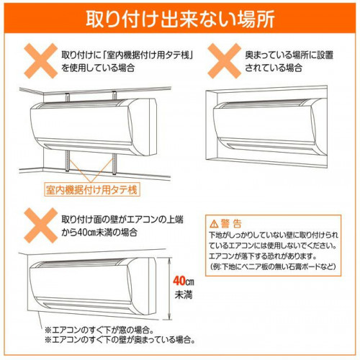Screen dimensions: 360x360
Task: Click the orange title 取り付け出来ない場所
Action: pos(180,19)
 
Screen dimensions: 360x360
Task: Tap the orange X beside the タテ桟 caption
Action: pos(41,61)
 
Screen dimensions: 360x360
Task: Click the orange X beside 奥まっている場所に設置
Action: pos(224,61)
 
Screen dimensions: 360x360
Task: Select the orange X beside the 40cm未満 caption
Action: pos(41,225)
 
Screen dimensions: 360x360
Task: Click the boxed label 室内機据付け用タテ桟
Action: pos(91,190)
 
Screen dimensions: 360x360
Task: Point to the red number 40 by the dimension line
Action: pos(179,281)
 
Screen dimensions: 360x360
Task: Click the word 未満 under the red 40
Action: pos(184,294)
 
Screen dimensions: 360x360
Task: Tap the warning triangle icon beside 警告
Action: pos(214,224)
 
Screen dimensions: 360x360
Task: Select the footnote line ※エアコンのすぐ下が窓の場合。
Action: pos(99,330)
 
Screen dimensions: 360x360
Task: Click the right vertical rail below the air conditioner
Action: pos(114,163)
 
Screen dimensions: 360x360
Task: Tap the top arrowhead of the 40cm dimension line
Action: pos(170,260)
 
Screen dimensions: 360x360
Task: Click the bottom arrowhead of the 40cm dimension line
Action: pos(170,317)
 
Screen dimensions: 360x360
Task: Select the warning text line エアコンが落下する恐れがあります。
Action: pos(263,256)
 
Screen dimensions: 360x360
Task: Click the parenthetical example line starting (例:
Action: pos(273,266)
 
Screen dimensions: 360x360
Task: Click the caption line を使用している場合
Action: pos(98,68)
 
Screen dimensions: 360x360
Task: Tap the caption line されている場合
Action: pos(274,68)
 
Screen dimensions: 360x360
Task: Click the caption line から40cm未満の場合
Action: pos(99,233)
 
